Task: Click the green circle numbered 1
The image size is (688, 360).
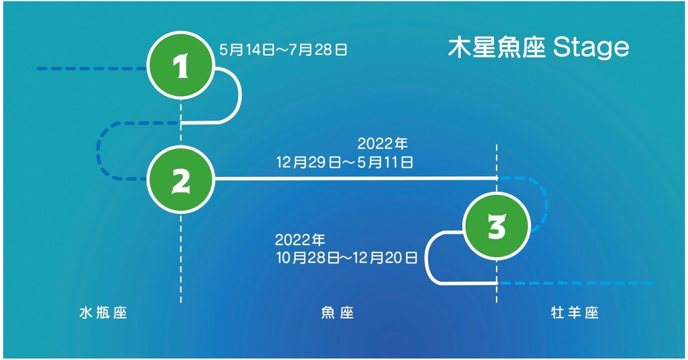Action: click(x=182, y=67)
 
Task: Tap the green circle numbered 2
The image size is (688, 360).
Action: click(x=181, y=179)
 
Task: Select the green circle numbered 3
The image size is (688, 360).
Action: click(x=497, y=226)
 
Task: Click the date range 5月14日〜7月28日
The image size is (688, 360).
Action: click(x=283, y=50)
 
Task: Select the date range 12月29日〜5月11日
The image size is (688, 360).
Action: click(x=345, y=162)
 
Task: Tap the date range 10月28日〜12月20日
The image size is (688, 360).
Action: click(x=346, y=258)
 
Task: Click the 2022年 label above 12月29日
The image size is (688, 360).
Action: click(x=383, y=144)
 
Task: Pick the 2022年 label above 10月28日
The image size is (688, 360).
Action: click(x=300, y=239)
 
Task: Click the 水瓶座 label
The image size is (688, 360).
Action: click(x=103, y=313)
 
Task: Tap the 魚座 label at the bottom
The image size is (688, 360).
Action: click(x=337, y=313)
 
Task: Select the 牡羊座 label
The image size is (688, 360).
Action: click(x=575, y=313)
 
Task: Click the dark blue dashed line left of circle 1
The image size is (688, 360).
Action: click(x=91, y=69)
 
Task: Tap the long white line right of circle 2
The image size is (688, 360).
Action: click(x=355, y=178)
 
